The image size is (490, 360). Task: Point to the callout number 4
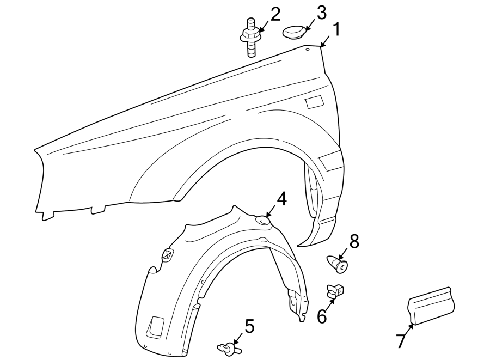click(x=281, y=199)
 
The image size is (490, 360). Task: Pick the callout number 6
click(x=322, y=316)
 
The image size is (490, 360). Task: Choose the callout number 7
click(x=400, y=341)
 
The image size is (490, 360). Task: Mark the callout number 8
click(x=354, y=242)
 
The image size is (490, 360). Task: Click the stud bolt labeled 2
click(x=251, y=38)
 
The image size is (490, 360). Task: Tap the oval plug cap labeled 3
click(x=295, y=32)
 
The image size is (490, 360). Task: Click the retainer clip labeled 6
click(x=334, y=291)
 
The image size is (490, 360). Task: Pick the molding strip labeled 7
click(x=432, y=307)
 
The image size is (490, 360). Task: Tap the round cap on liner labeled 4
click(x=264, y=221)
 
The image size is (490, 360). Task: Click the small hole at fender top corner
click(x=307, y=50)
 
